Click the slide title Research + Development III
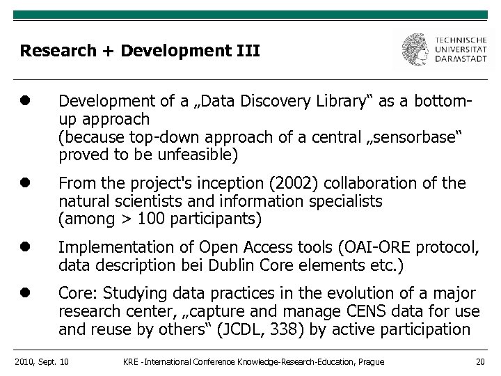[140, 51]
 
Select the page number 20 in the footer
[479, 361]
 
